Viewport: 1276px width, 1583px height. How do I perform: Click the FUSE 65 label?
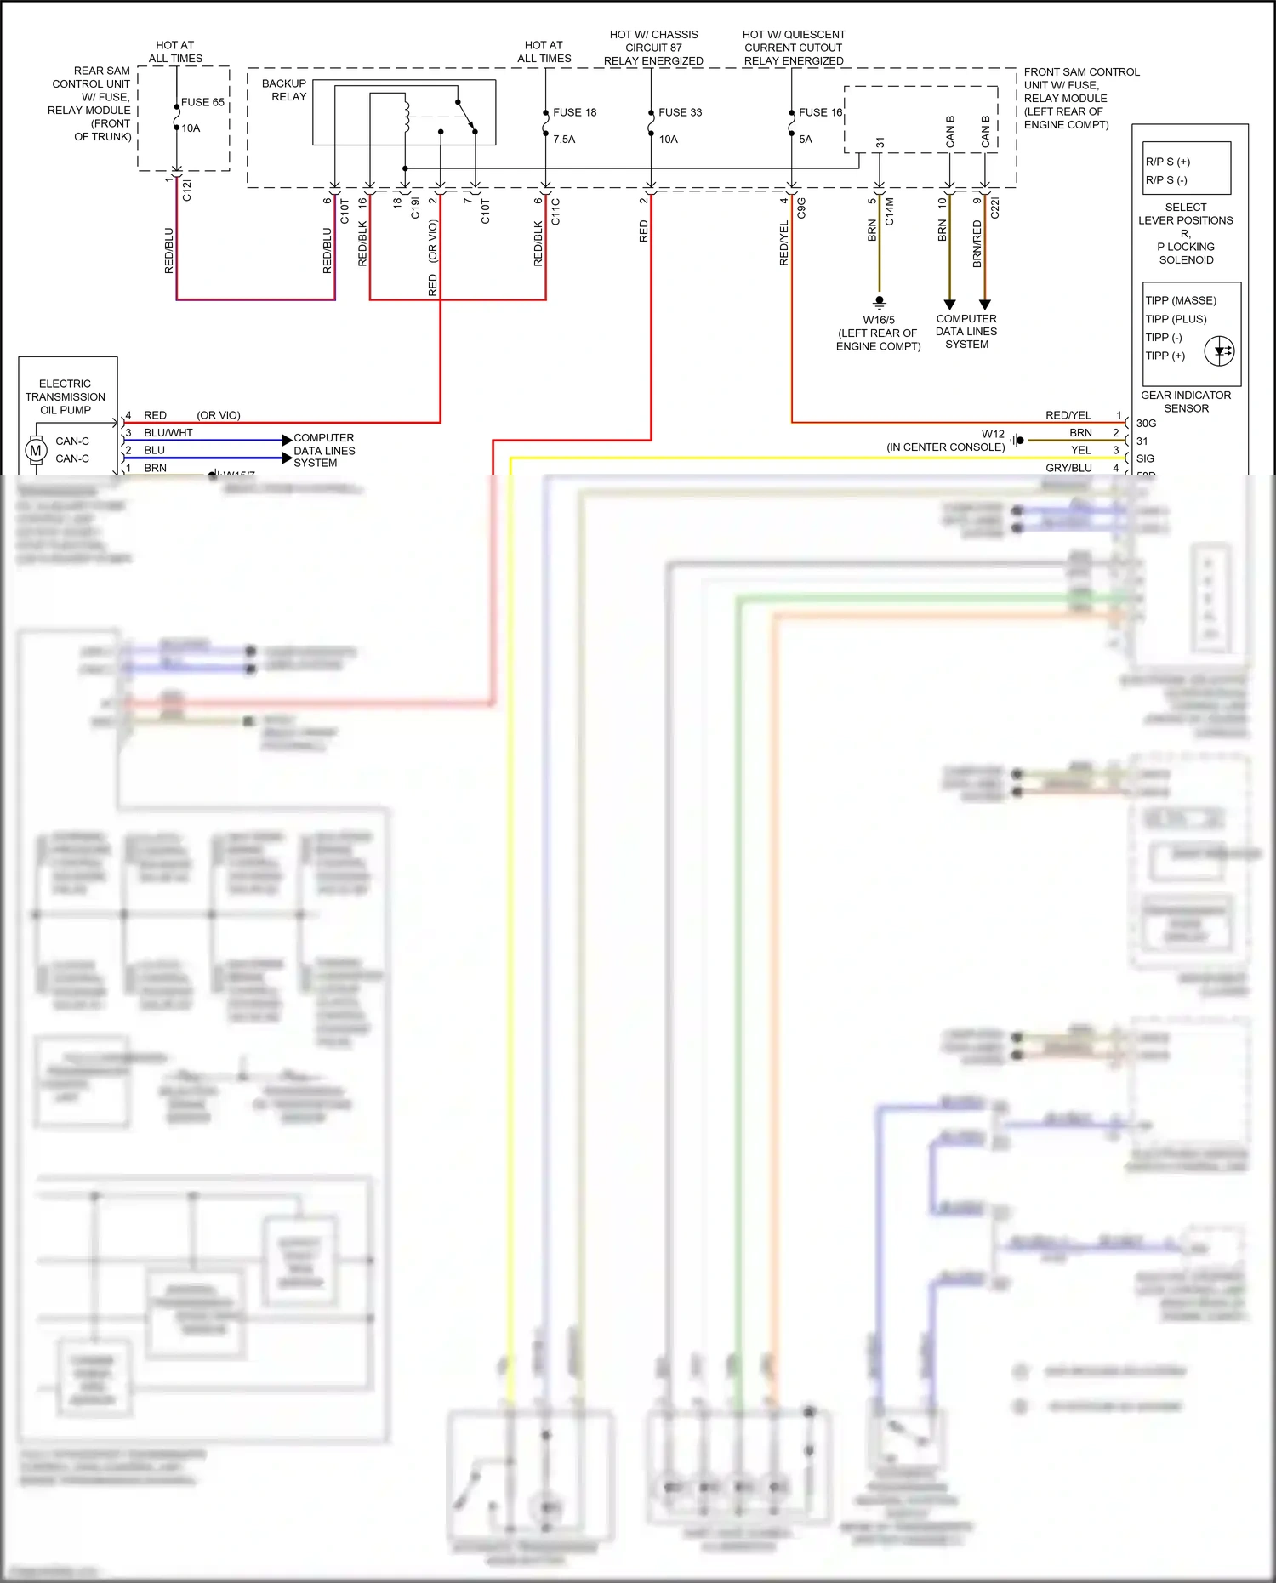[202, 102]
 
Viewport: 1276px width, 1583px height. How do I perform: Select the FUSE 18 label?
[574, 112]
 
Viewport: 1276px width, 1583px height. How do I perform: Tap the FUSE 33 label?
[680, 112]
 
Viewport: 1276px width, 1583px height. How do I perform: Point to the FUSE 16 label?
[820, 112]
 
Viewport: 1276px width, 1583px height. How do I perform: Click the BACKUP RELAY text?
[284, 90]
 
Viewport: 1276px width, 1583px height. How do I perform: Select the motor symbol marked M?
[36, 450]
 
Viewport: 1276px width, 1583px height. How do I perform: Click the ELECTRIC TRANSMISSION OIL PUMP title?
[65, 396]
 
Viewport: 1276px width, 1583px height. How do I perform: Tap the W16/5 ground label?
[879, 320]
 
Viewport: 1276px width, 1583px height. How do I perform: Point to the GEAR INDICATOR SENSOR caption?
[1186, 401]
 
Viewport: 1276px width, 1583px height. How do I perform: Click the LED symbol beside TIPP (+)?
[1220, 350]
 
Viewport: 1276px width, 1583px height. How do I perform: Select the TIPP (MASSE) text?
[1181, 300]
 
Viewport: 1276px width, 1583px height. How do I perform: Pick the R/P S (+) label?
[1167, 162]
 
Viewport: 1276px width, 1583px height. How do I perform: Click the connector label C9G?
[801, 208]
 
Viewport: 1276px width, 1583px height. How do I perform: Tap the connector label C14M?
[890, 211]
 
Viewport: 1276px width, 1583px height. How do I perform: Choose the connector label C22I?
[995, 208]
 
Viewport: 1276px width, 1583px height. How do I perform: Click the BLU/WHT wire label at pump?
[168, 432]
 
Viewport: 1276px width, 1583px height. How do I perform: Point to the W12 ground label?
[993, 434]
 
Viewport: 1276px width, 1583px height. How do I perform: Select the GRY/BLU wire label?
[1068, 468]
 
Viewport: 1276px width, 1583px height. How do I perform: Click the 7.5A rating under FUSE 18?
[564, 140]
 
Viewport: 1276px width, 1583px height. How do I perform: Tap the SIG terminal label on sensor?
[1145, 458]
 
